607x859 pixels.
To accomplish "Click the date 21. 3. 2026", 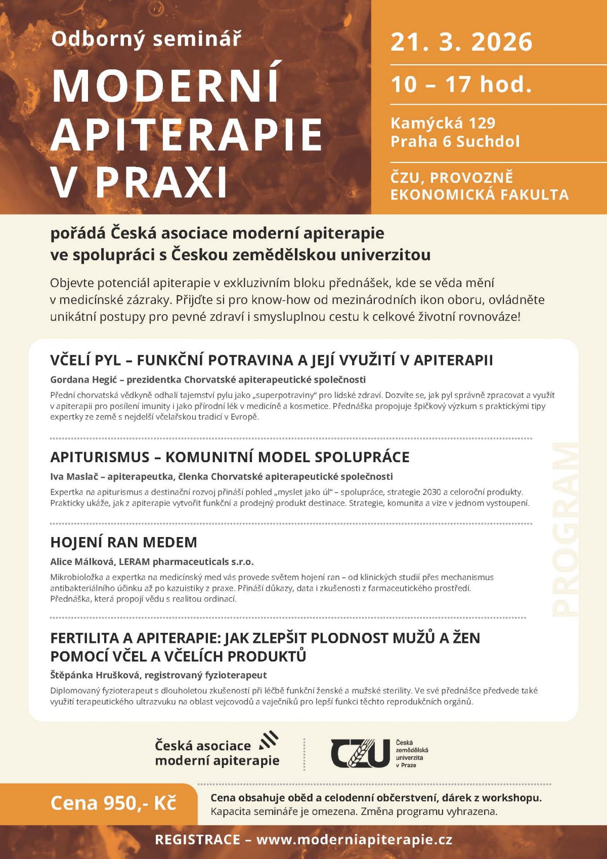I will click(x=461, y=42).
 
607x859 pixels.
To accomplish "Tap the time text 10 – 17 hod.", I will click(x=461, y=84).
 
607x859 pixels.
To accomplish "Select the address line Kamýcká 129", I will click(x=443, y=123).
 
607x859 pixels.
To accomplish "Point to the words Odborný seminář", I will click(x=146, y=39).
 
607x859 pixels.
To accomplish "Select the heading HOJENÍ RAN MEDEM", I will click(x=123, y=542).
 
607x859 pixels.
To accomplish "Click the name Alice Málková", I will click(x=82, y=561).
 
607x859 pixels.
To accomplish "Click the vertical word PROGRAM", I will click(x=565, y=529).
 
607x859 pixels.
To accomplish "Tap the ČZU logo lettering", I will click(x=360, y=753).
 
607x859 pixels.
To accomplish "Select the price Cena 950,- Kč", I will click(x=113, y=803).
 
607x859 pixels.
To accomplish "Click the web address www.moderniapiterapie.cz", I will click(x=354, y=840).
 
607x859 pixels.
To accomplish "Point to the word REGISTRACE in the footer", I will click(x=197, y=840).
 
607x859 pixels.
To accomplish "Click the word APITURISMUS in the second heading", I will click(x=100, y=457).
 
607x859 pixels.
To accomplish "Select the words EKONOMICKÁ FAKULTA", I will click(x=479, y=195).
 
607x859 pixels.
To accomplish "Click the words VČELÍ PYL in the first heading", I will click(x=85, y=360).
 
